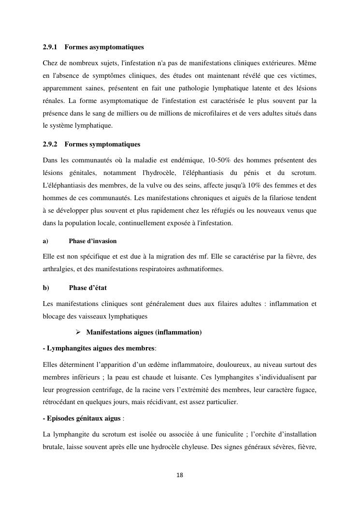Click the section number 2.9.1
coord(50,47)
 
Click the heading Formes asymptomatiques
coord(104,47)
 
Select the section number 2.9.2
coord(50,144)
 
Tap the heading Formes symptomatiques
coord(102,144)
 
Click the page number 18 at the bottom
coord(180,475)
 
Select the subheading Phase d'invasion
coord(93,241)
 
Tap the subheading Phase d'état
coord(88,288)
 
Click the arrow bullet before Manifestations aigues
coord(79,332)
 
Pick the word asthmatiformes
coord(200,269)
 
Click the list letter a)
coord(45,241)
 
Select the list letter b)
coord(46,288)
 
